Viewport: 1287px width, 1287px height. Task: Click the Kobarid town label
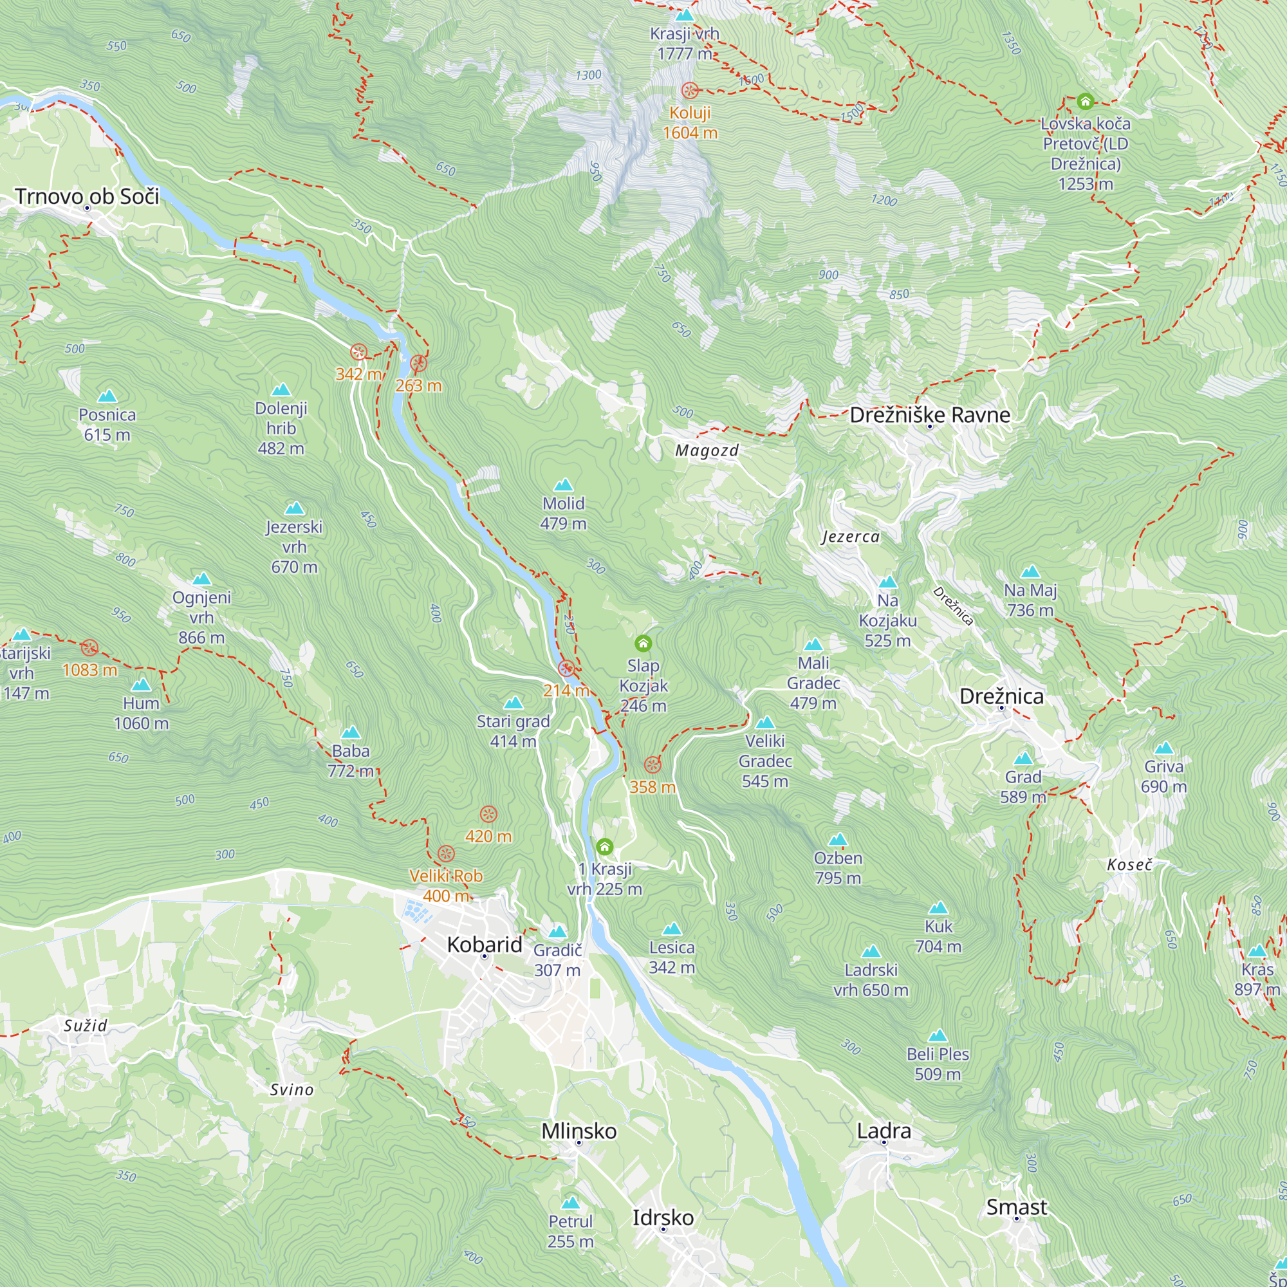click(x=485, y=945)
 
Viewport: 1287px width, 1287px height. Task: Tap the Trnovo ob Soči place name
click(x=87, y=196)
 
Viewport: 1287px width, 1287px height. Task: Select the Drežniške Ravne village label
click(x=930, y=415)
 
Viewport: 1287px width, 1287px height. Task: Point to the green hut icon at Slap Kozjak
click(x=643, y=643)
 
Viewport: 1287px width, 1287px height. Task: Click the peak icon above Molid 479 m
click(x=564, y=485)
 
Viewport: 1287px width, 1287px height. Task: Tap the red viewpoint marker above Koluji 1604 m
click(x=690, y=90)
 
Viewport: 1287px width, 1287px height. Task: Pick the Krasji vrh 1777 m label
click(x=685, y=43)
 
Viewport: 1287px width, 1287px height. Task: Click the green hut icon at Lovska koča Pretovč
click(x=1085, y=101)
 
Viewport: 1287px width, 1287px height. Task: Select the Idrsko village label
click(x=663, y=1218)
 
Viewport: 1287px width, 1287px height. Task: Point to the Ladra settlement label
click(x=884, y=1131)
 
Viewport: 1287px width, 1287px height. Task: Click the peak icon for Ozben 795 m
click(x=837, y=839)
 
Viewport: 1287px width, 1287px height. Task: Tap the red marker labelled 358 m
click(x=652, y=764)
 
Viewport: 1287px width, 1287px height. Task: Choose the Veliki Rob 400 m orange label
click(x=446, y=885)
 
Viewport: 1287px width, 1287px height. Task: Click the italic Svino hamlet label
click(x=292, y=1090)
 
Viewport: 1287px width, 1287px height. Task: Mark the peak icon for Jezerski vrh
click(x=295, y=509)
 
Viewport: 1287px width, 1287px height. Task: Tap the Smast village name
click(x=1017, y=1207)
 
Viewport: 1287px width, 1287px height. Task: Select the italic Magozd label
click(x=707, y=450)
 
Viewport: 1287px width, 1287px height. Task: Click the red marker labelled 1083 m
click(x=90, y=647)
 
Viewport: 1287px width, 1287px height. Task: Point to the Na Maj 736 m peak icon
click(x=1030, y=571)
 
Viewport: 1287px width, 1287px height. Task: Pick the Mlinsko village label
click(x=579, y=1131)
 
